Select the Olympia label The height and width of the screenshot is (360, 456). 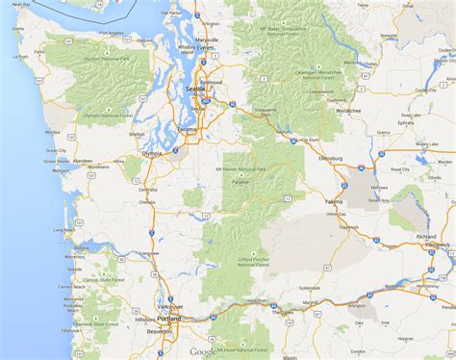[x=152, y=152]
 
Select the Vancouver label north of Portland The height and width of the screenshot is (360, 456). [x=170, y=305]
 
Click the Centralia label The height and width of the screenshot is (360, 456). [x=146, y=189]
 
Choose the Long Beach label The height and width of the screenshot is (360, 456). [x=63, y=230]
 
